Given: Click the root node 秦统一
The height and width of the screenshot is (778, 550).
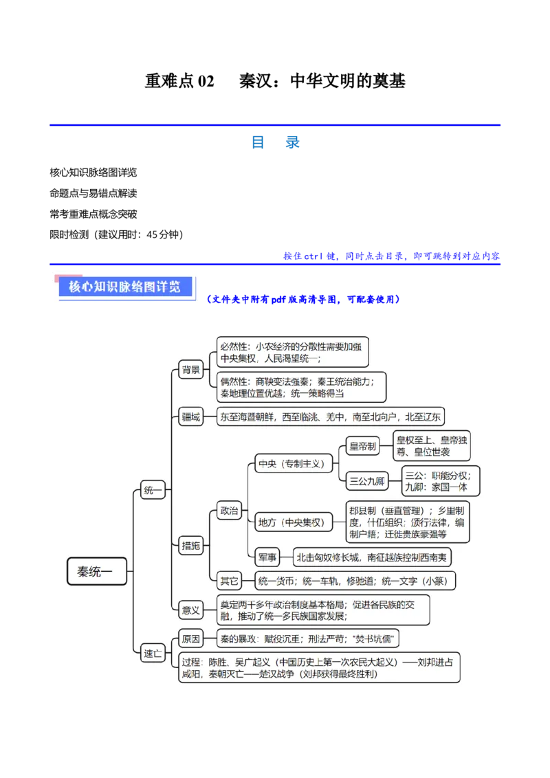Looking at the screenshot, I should coord(97,571).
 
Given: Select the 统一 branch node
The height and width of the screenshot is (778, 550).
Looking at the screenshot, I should coord(152,491).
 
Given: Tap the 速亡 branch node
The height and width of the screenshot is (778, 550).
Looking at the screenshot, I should coord(152,654).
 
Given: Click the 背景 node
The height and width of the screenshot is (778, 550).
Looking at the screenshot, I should coord(190,370).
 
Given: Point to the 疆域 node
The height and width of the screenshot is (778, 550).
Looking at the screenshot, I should coord(190,416).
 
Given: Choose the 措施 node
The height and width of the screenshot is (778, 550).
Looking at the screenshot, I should coord(190,546).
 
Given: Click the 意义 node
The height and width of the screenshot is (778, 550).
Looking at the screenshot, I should coord(190,610).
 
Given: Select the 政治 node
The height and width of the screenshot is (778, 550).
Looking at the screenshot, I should coord(228,511).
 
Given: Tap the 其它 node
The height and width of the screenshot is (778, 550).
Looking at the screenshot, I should coord(228,581).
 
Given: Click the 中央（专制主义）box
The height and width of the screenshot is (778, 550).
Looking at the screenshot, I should coord(291,464).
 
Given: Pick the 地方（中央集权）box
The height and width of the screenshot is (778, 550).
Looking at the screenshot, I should coord(291,522).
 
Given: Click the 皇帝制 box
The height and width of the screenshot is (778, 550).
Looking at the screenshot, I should coord(362,447).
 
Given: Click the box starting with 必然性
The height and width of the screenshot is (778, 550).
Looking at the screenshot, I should coord(291,353).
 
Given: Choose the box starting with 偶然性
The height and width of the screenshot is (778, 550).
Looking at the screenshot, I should coord(300,387).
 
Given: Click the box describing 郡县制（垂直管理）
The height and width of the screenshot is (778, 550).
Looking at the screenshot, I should coord(407,522).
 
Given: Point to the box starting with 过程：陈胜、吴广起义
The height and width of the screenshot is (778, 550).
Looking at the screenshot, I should coord(318,667).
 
